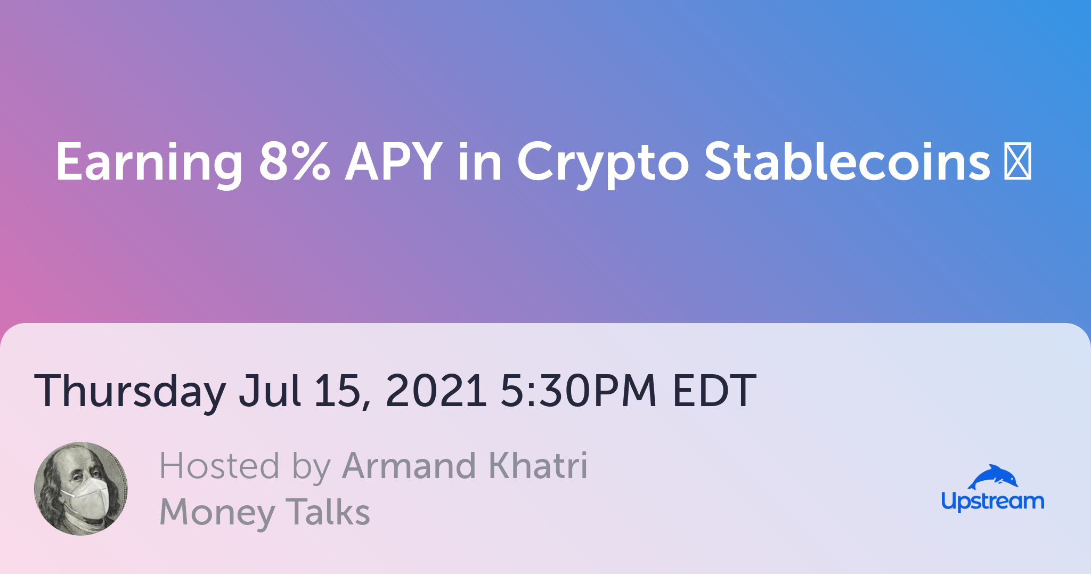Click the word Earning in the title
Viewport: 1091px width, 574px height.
click(149, 163)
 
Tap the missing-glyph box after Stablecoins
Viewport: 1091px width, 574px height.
click(1017, 160)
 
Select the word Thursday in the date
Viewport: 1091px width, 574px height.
click(130, 392)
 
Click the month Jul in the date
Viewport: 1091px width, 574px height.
click(270, 390)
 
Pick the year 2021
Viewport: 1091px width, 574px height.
click(436, 390)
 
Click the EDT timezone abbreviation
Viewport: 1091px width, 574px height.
click(714, 390)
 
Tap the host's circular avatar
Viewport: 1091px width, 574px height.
click(81, 489)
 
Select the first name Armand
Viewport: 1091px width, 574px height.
click(409, 466)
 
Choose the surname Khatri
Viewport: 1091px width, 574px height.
click(538, 465)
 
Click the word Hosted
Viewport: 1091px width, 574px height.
click(219, 466)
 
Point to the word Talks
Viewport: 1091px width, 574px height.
click(328, 511)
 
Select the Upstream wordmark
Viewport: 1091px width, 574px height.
click(992, 502)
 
